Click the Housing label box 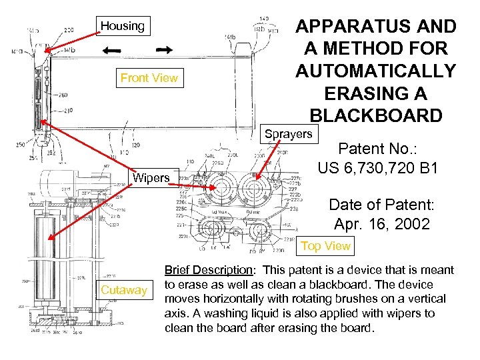tap(123, 26)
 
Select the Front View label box tap(149, 78)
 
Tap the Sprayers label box tap(288, 134)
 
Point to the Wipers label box tap(152, 178)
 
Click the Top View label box tap(325, 246)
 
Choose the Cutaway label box tap(123, 290)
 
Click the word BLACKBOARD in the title tap(376, 115)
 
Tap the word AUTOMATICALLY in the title tap(376, 71)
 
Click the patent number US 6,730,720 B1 tap(377, 169)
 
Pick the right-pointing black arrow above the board tap(164, 50)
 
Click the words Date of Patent tap(377, 204)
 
